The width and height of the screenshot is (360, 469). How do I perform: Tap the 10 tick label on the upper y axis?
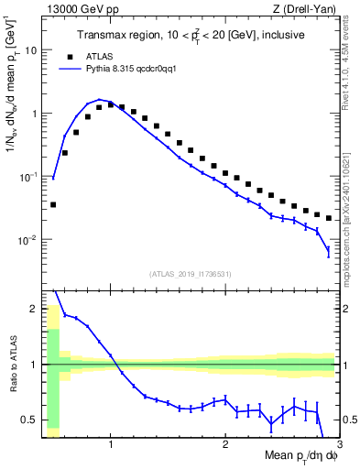click(x=31, y=50)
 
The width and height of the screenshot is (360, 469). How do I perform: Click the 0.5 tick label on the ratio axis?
click(x=29, y=420)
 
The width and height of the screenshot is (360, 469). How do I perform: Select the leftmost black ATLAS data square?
click(x=53, y=204)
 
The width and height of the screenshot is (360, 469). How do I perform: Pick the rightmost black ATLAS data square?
click(x=329, y=218)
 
